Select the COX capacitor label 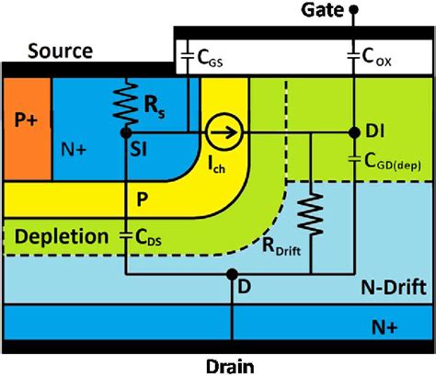[378, 60]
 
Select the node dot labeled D [233, 273]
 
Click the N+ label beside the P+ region [75, 147]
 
